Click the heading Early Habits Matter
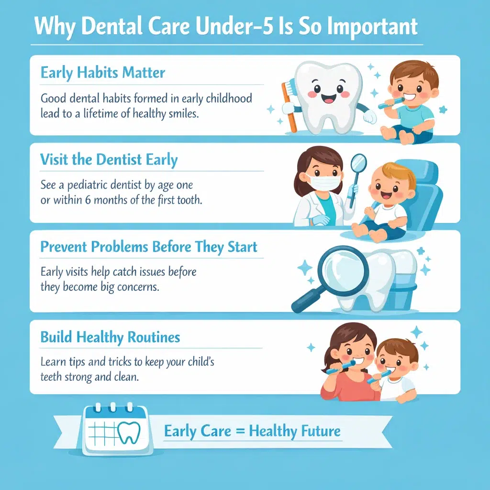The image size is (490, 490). point(103,73)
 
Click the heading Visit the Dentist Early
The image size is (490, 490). point(109,160)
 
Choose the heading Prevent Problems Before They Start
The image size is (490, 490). point(149,247)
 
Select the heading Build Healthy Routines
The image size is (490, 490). point(110,337)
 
